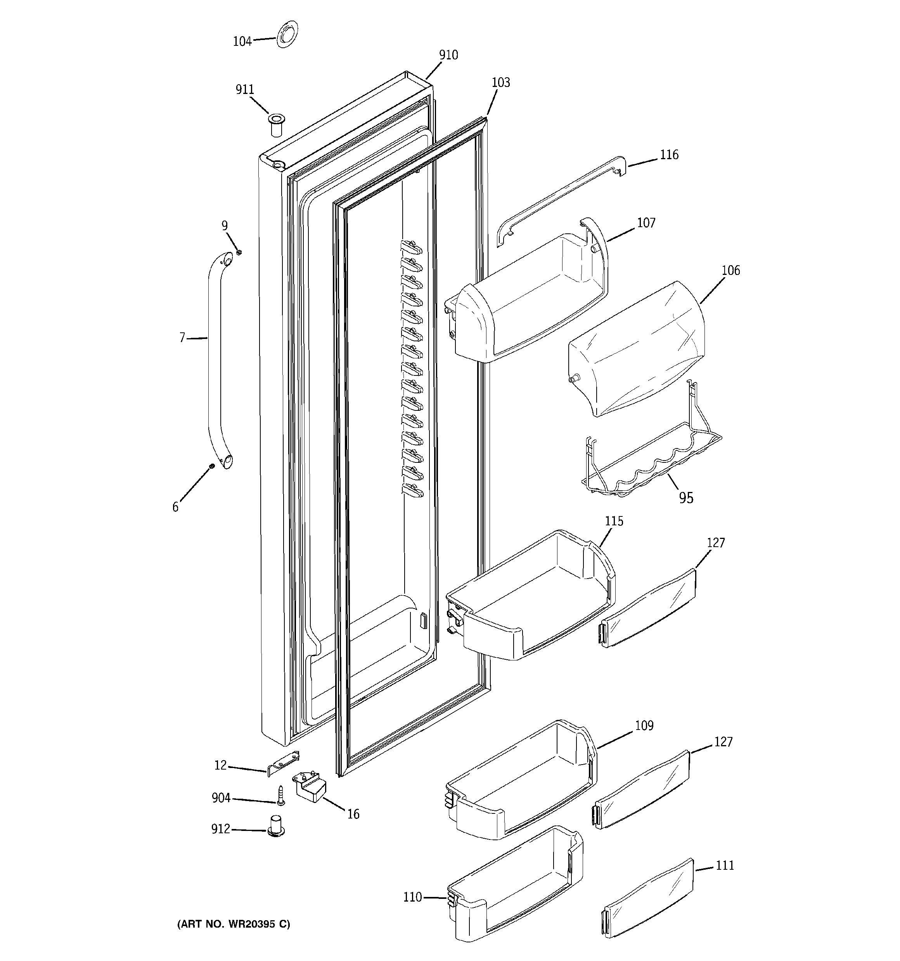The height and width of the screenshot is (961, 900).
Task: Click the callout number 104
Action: tap(242, 42)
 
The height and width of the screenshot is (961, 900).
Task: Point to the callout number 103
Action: tap(500, 83)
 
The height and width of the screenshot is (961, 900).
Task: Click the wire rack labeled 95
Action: tap(652, 459)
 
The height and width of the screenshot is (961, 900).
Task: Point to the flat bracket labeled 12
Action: tap(284, 763)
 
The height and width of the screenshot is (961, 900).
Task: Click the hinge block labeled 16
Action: tap(308, 787)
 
